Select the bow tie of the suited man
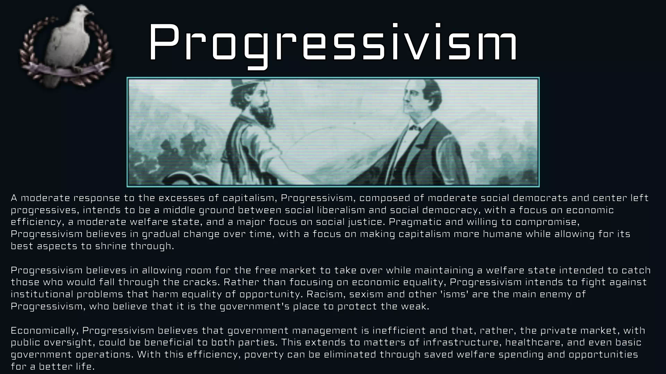click(x=415, y=128)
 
